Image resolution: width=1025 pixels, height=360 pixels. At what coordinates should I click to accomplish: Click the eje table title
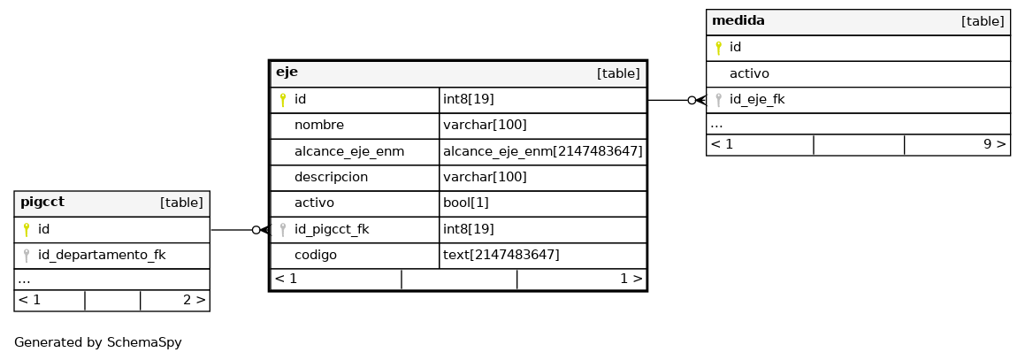pyautogui.click(x=287, y=72)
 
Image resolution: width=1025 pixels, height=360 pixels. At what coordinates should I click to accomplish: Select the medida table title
pyautogui.click(x=738, y=20)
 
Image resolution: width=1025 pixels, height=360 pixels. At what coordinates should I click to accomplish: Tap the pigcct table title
pyautogui.click(x=42, y=202)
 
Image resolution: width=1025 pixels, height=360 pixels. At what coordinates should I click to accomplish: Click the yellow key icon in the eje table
pyautogui.click(x=283, y=100)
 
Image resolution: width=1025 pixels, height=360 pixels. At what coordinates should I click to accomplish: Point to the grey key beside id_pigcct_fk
pyautogui.click(x=283, y=229)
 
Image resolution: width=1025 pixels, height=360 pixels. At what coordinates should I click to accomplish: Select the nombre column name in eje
pyautogui.click(x=319, y=125)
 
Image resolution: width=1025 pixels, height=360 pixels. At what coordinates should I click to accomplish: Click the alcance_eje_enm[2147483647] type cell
pyautogui.click(x=543, y=151)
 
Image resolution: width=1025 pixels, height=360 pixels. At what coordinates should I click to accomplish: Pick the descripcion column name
pyautogui.click(x=331, y=177)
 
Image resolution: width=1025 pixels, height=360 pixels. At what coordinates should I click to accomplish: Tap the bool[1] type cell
pyautogui.click(x=465, y=203)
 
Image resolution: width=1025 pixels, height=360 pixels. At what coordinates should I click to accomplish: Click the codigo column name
pyautogui.click(x=316, y=255)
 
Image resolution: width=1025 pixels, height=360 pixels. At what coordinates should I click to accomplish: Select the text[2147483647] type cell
pyautogui.click(x=501, y=255)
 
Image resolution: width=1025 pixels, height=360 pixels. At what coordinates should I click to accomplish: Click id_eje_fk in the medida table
pyautogui.click(x=757, y=99)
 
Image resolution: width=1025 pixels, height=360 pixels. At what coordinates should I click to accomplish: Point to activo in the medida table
pyautogui.click(x=749, y=73)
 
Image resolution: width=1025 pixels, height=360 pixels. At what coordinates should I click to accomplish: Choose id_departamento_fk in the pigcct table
pyautogui.click(x=102, y=255)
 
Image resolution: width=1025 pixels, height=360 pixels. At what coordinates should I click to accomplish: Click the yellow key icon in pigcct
pyautogui.click(x=27, y=229)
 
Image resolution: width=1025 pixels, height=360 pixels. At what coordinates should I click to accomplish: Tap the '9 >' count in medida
pyautogui.click(x=994, y=144)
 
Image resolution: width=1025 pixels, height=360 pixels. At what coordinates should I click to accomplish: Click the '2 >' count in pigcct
pyautogui.click(x=195, y=300)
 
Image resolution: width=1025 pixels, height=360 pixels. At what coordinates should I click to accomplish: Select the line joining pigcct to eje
pyautogui.click(x=240, y=230)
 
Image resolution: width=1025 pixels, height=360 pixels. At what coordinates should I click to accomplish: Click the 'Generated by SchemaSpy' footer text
pyautogui.click(x=98, y=342)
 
